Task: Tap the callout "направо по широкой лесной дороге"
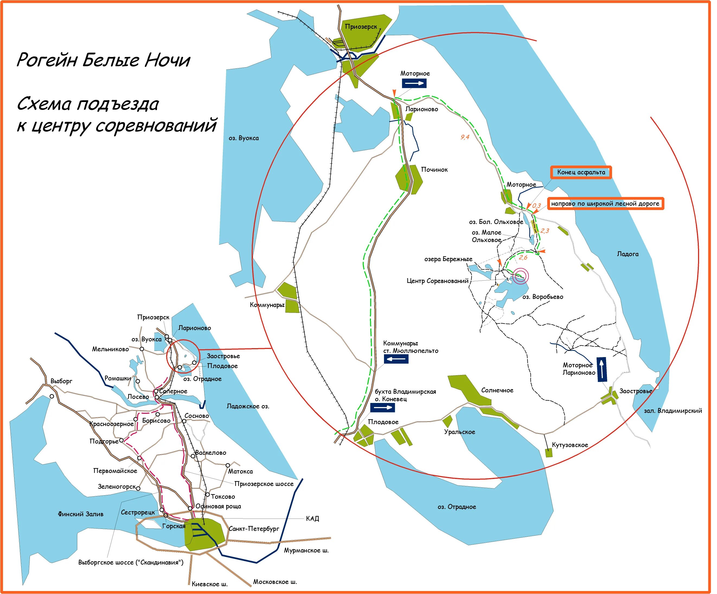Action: pos(605,204)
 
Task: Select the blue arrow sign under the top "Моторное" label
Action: pos(414,83)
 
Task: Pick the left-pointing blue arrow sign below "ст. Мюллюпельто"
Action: pos(396,359)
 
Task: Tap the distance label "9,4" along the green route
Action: pos(465,137)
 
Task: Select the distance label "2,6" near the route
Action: pos(523,258)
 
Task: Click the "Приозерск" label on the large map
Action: pos(361,27)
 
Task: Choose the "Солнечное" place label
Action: pos(497,390)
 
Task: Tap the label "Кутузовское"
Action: pos(570,445)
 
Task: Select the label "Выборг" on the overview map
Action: pos(62,381)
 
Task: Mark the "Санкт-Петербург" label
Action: pos(254,529)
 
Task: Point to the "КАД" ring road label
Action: pos(312,519)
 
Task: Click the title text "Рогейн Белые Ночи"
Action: pos(103,60)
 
